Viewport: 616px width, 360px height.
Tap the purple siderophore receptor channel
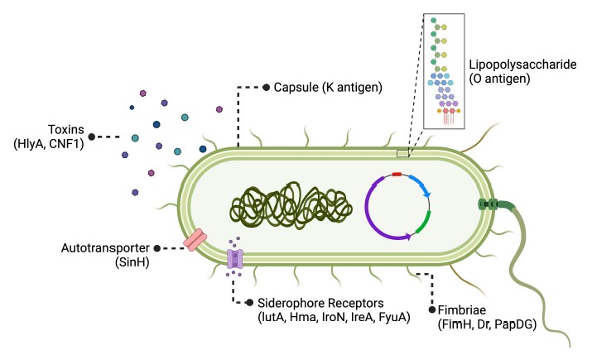click(235, 257)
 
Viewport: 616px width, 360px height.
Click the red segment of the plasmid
click(397, 175)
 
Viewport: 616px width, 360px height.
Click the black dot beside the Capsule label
click(266, 87)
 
